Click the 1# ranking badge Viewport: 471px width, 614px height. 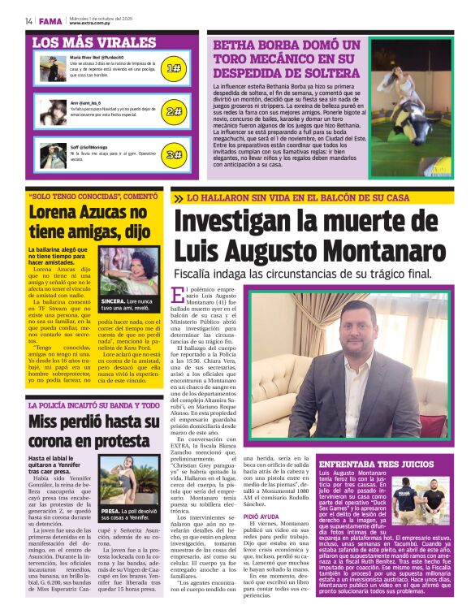pyautogui.click(x=174, y=68)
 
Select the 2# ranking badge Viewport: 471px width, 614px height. pyautogui.click(x=174, y=111)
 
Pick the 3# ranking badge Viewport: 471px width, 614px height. pyautogui.click(x=174, y=154)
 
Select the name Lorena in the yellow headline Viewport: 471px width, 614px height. pyautogui.click(x=54, y=213)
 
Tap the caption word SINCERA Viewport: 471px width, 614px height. pyautogui.click(x=115, y=301)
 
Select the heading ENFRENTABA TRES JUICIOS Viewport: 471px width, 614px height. pyautogui.click(x=376, y=463)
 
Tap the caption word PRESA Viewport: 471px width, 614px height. pyautogui.click(x=110, y=511)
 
